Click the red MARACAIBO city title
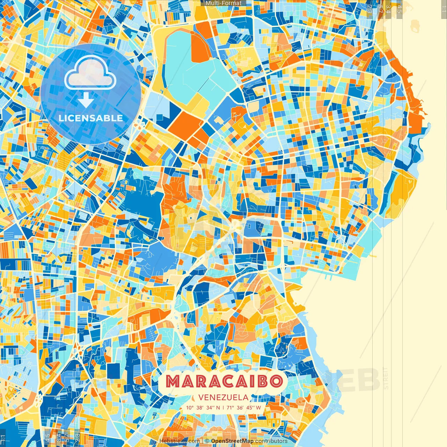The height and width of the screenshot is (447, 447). (223, 381)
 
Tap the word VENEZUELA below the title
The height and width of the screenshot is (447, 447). (223, 397)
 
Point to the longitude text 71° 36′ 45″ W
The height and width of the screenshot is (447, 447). (244, 408)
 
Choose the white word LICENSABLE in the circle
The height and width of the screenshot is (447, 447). (91, 118)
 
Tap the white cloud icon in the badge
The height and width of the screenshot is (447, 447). (90, 72)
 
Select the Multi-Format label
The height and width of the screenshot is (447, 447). (223, 3)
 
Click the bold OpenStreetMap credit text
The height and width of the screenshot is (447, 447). (232, 441)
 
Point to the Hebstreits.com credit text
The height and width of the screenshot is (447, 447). (179, 441)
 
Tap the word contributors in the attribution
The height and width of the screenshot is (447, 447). (271, 441)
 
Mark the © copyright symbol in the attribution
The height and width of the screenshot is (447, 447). (207, 441)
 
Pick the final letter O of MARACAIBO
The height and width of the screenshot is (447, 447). (276, 381)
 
